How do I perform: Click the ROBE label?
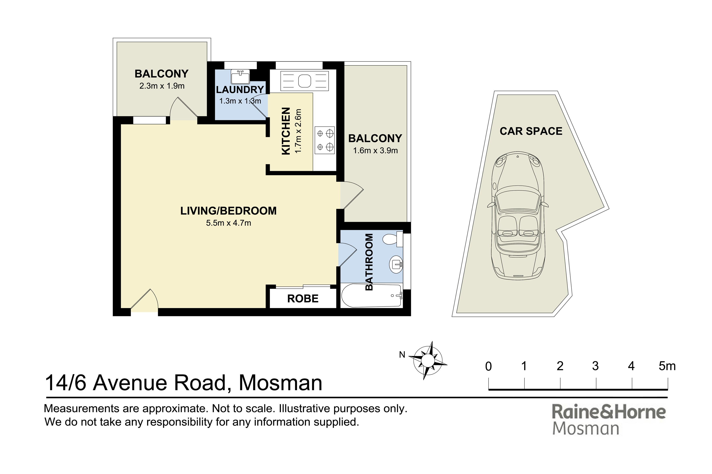pyautogui.click(x=302, y=299)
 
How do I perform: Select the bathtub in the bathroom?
pyautogui.click(x=372, y=295)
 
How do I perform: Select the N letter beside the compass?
pyautogui.click(x=402, y=355)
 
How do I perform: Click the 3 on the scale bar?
pyautogui.click(x=595, y=366)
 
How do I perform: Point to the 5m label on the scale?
pyautogui.click(x=667, y=366)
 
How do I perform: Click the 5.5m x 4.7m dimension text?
pyautogui.click(x=228, y=223)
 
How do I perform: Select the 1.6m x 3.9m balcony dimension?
pyautogui.click(x=375, y=151)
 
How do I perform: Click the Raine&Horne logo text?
pyautogui.click(x=609, y=411)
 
